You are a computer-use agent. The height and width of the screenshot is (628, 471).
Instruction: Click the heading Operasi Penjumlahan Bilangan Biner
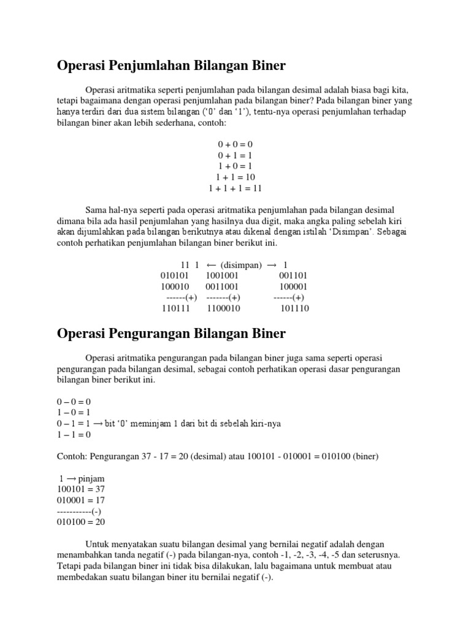(x=171, y=65)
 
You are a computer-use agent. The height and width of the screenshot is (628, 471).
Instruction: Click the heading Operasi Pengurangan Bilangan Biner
(x=171, y=334)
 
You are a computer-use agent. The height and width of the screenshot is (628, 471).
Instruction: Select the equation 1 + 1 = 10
(x=235, y=177)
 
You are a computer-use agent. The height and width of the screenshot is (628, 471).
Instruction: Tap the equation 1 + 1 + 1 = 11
(x=235, y=188)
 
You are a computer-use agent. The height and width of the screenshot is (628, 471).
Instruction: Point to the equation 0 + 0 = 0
(x=235, y=144)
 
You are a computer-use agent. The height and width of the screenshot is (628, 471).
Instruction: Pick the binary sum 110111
(x=176, y=308)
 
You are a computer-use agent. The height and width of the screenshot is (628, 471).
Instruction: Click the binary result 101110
(x=294, y=308)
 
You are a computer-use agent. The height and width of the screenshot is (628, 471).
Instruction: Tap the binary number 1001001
(x=223, y=275)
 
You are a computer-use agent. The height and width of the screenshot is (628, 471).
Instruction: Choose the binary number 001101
(x=293, y=275)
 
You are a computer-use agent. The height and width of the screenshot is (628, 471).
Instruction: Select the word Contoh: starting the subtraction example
(x=73, y=456)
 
